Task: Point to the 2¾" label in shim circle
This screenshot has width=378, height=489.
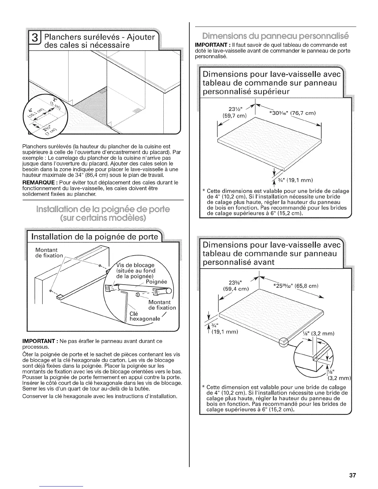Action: click(x=50, y=128)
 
